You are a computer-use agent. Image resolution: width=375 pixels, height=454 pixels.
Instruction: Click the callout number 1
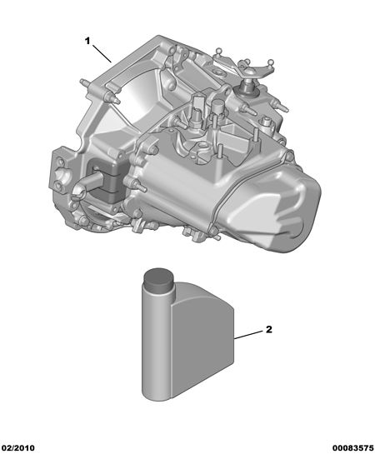(x=87, y=41)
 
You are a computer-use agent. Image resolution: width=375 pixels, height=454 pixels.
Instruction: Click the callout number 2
(x=269, y=329)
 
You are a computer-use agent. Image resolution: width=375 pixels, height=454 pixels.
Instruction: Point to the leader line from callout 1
(x=102, y=53)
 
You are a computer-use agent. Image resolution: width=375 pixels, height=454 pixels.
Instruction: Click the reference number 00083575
(x=352, y=448)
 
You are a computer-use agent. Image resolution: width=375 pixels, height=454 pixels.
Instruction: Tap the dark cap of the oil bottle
(x=158, y=280)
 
